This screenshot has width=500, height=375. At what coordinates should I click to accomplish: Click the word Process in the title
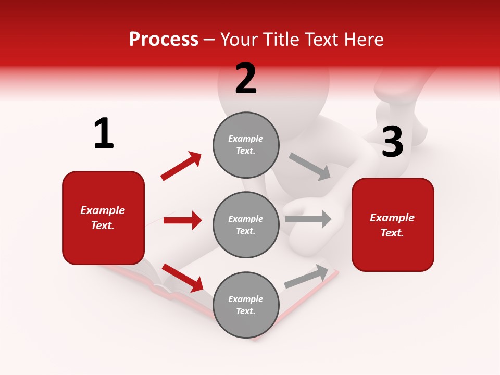tap(164, 40)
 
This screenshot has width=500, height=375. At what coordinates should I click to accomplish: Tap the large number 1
tap(104, 133)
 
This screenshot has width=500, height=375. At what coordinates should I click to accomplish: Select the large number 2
tap(246, 79)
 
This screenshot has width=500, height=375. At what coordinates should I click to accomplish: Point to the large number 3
tap(392, 142)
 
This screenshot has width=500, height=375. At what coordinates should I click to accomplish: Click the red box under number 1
tap(103, 218)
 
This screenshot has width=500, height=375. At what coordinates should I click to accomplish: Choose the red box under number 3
tap(393, 224)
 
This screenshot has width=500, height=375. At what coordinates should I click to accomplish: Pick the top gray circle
tap(246, 145)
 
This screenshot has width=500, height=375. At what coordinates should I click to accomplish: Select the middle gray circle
tap(246, 224)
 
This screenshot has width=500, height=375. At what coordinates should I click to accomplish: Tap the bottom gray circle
tap(246, 305)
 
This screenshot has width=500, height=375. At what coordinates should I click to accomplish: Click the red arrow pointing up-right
tap(181, 166)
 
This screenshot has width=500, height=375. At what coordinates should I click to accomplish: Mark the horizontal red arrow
tap(182, 220)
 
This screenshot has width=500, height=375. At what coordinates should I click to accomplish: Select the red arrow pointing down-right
tap(182, 278)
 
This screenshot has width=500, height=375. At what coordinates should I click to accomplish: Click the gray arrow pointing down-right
tap(310, 167)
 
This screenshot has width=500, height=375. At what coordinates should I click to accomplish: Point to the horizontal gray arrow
tap(308, 219)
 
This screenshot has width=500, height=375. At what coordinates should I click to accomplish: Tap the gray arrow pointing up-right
tap(306, 277)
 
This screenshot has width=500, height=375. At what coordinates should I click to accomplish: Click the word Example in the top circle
tap(245, 139)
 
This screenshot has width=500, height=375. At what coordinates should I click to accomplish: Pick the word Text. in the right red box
tap(392, 233)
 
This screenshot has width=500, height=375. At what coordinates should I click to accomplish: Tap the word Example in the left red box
tap(103, 210)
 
